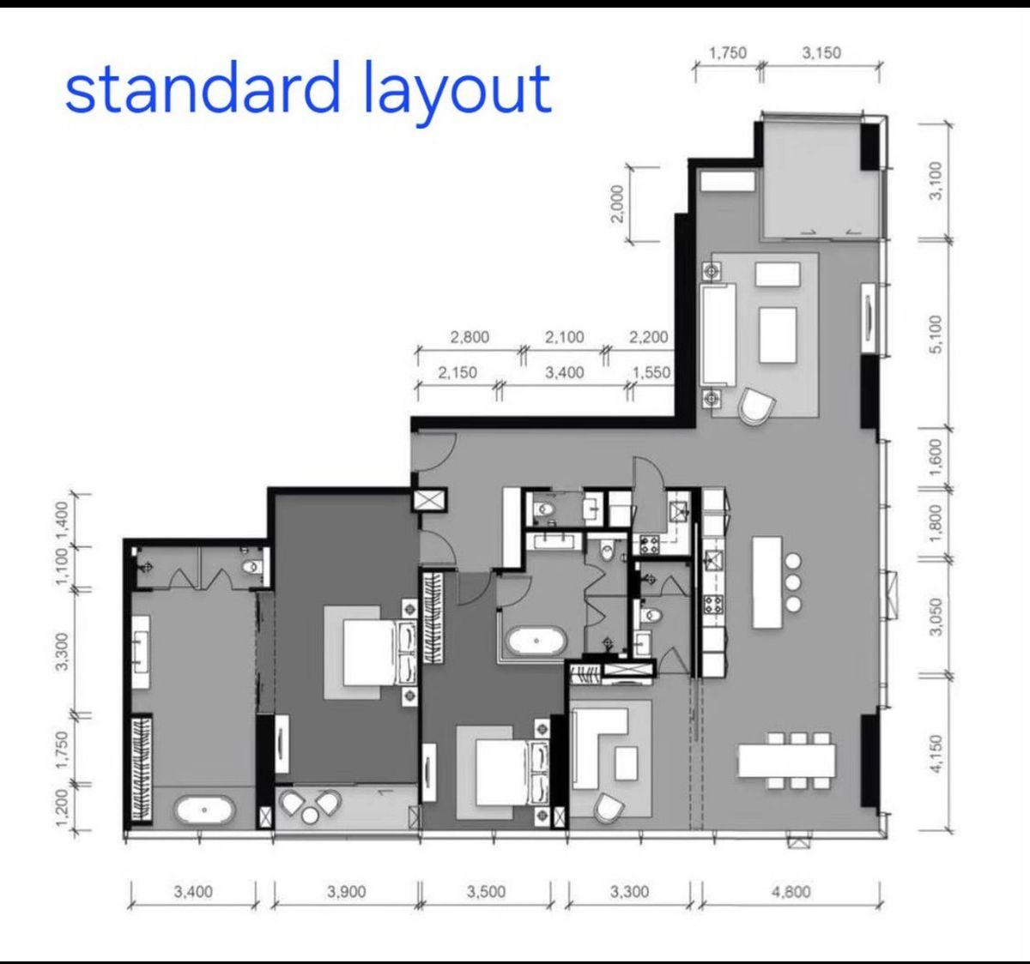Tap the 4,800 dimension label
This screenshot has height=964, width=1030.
[791, 891]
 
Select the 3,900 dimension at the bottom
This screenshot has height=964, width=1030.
[346, 891]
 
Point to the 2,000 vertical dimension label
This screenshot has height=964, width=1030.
[617, 203]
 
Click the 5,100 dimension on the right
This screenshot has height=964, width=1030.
[936, 334]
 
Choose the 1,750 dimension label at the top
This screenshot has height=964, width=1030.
[728, 53]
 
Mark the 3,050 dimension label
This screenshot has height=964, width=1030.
[936, 617]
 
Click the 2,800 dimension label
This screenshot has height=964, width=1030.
[470, 337]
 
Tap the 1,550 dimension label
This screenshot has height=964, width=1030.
[651, 372]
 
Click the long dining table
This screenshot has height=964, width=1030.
[787, 761]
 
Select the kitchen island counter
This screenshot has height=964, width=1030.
[767, 582]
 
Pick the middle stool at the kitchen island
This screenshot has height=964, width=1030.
[793, 582]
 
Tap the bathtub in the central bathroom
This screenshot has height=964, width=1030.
[536, 642]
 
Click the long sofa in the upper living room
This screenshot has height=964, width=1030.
[718, 334]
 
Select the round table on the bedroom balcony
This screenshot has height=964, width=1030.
[310, 816]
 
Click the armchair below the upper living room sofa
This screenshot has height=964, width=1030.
[756, 406]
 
